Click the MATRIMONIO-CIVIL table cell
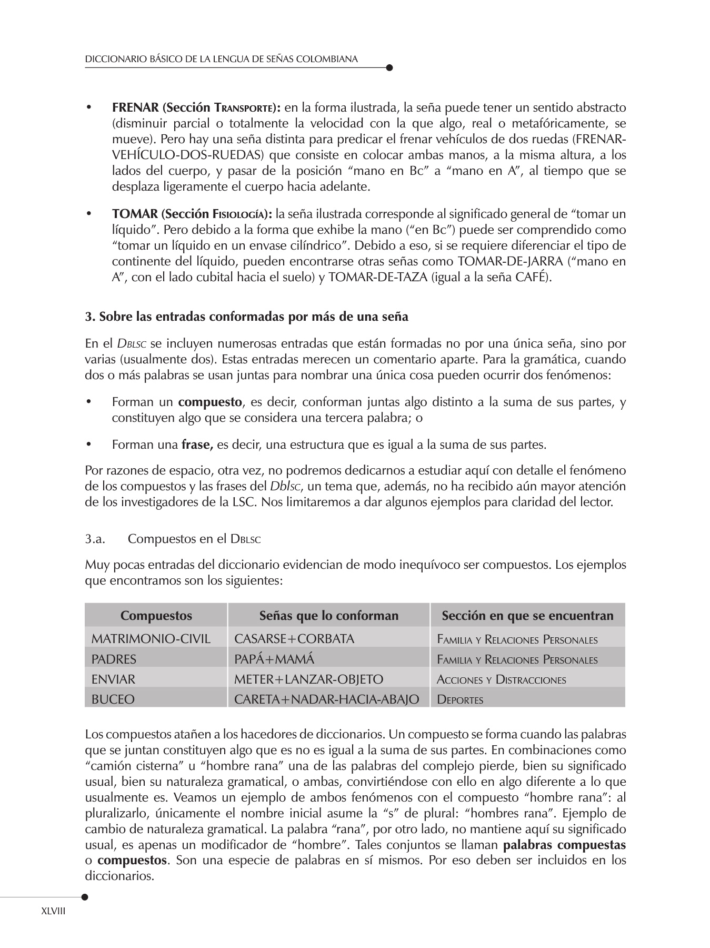pyautogui.click(x=151, y=639)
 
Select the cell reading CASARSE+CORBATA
pyautogui.click(x=294, y=639)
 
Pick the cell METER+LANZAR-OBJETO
pyautogui.click(x=308, y=679)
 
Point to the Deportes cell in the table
pyautogui.click(x=460, y=699)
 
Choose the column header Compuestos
pyautogui.click(x=156, y=616)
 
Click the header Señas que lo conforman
pyautogui.click(x=329, y=616)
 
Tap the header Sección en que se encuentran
pyautogui.click(x=527, y=616)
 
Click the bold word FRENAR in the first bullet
pyautogui.click(x=135, y=108)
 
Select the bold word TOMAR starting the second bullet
pyautogui.click(x=135, y=214)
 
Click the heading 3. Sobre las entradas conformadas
pyautogui.click(x=246, y=317)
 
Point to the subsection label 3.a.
pyautogui.click(x=96, y=539)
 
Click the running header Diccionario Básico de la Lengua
pyautogui.click(x=222, y=59)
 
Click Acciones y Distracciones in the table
pyautogui.click(x=502, y=679)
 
